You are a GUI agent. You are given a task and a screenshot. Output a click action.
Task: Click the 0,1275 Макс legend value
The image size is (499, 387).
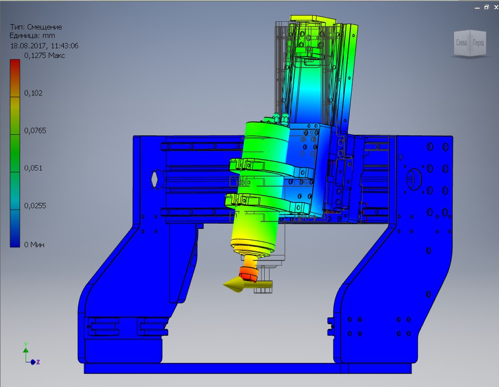point(44,56)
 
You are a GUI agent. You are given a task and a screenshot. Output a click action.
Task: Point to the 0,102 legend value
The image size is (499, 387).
point(33,93)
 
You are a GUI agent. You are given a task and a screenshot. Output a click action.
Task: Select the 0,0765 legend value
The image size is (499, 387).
point(35,130)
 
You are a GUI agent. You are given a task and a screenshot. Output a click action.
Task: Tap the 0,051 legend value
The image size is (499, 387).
point(33,168)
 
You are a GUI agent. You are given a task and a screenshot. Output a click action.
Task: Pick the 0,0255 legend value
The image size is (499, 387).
point(35,206)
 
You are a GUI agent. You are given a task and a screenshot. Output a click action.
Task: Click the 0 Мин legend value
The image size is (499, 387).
point(34,244)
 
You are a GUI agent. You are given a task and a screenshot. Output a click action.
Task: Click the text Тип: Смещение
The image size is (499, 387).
point(36,27)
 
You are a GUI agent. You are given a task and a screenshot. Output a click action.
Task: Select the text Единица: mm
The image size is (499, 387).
point(32,36)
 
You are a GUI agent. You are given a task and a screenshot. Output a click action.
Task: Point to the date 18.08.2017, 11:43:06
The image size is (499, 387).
point(44,46)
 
